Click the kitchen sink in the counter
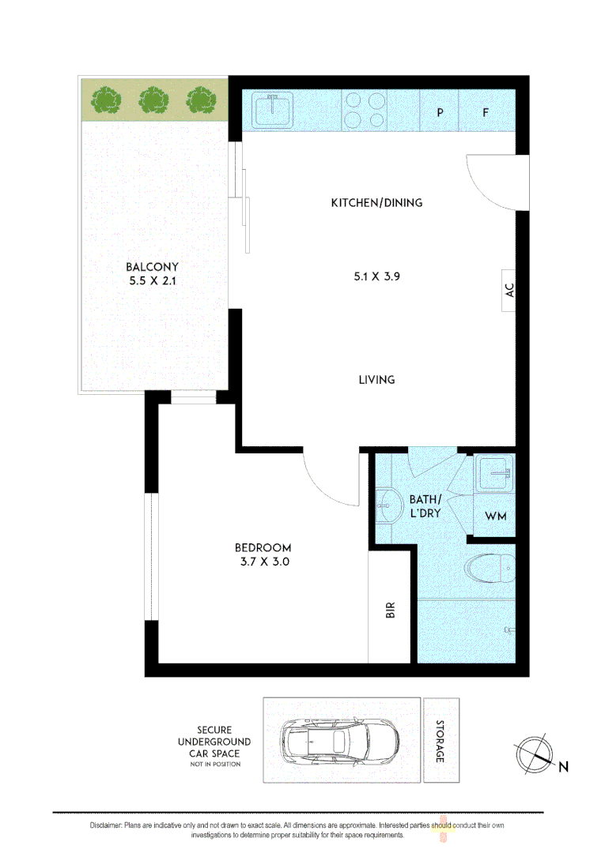click(272, 110)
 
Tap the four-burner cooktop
click(365, 110)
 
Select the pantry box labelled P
click(440, 112)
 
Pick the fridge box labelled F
click(486, 112)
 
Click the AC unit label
click(509, 290)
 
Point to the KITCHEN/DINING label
click(376, 203)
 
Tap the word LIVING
click(376, 380)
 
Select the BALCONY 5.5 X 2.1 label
click(152, 273)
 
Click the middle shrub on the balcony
click(153, 100)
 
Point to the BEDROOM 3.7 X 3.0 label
click(263, 555)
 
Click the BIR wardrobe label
click(390, 611)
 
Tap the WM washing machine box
click(495, 517)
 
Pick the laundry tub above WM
click(495, 474)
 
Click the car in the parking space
click(340, 741)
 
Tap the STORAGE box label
click(441, 741)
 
